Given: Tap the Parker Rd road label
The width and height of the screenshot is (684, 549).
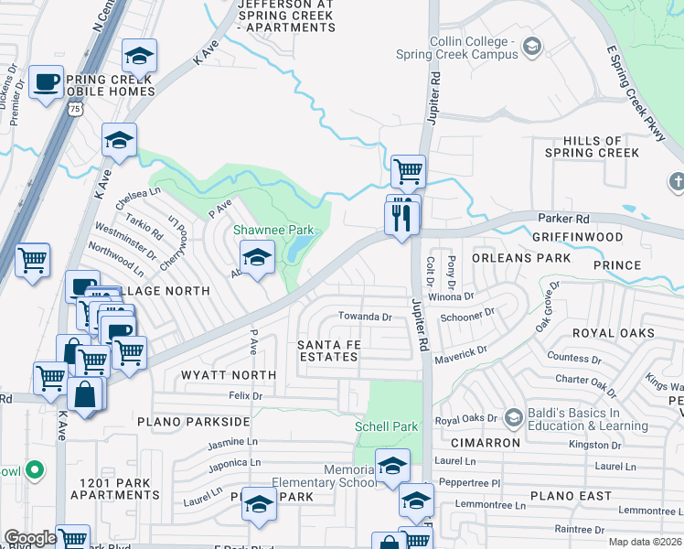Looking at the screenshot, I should [x=563, y=220].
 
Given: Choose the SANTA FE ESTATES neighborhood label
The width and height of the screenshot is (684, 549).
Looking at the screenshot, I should [x=328, y=350].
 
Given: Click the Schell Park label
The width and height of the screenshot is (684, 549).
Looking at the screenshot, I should [x=386, y=426].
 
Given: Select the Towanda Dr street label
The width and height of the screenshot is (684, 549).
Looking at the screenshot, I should [x=365, y=318].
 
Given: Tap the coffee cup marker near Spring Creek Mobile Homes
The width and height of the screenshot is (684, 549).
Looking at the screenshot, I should [x=45, y=83].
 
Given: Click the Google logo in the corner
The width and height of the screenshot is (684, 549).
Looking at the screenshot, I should [x=30, y=538].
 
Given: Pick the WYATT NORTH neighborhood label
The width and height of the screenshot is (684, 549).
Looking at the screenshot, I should [x=228, y=375].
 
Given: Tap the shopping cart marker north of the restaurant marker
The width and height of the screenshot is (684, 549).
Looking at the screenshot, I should [x=408, y=170].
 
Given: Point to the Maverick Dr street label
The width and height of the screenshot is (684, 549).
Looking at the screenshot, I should [x=463, y=350].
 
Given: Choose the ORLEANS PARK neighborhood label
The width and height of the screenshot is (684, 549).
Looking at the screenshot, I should [x=520, y=258].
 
